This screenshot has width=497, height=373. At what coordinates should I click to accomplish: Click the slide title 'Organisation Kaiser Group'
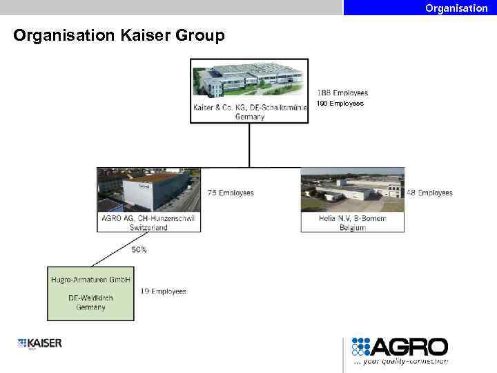pyautogui.click(x=119, y=35)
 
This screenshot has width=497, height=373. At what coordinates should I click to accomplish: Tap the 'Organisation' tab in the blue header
pyautogui.click(x=456, y=8)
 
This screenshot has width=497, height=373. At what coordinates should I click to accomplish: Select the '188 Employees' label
pyautogui.click(x=342, y=93)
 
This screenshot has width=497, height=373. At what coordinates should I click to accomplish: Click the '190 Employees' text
pyautogui.click(x=340, y=104)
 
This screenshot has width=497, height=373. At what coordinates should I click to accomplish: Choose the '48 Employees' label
pyautogui.click(x=429, y=193)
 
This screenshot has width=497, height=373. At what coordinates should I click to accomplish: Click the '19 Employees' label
pyautogui.click(x=163, y=291)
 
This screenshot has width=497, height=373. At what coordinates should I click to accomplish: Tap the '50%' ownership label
pyautogui.click(x=139, y=250)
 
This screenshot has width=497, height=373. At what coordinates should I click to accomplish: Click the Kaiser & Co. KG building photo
pyautogui.click(x=249, y=79)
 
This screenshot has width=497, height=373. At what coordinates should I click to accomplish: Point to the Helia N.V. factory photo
pyautogui.click(x=352, y=190)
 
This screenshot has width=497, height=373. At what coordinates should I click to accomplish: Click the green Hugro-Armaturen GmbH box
pyautogui.click(x=90, y=294)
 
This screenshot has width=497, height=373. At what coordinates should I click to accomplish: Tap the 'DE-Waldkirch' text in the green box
pyautogui.click(x=90, y=298)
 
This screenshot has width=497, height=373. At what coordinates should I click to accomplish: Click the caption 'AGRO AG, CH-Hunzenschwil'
pyautogui.click(x=148, y=218)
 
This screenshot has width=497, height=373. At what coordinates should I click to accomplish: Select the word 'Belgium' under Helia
pyautogui.click(x=352, y=227)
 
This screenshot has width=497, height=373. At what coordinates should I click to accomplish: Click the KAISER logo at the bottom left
pyautogui.click(x=40, y=343)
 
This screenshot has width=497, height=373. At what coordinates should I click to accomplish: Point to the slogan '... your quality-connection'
pyautogui.click(x=400, y=361)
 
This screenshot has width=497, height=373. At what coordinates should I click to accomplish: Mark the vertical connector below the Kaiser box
pyautogui.click(x=249, y=145)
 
